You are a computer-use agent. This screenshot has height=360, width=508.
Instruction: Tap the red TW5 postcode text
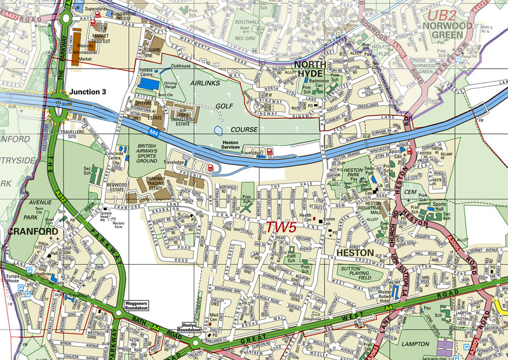tap(281, 227)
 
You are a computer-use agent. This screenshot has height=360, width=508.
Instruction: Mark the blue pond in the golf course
tap(218, 130)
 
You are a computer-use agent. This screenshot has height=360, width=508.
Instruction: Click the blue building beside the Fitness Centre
tap(149, 83)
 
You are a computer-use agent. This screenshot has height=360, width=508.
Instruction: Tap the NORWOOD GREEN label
tap(448, 31)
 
